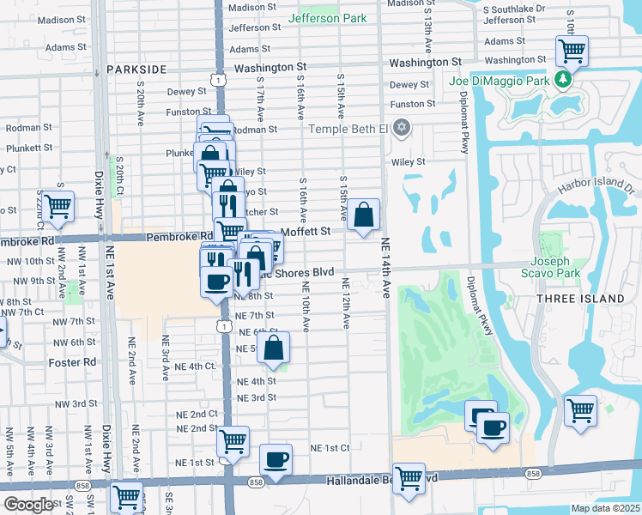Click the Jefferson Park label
(x=328, y=18)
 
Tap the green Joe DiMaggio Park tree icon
(x=563, y=80)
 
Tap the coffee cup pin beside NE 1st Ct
(x=276, y=460)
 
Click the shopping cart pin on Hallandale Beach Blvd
(x=409, y=477)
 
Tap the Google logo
(x=29, y=505)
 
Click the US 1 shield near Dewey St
(x=221, y=80)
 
